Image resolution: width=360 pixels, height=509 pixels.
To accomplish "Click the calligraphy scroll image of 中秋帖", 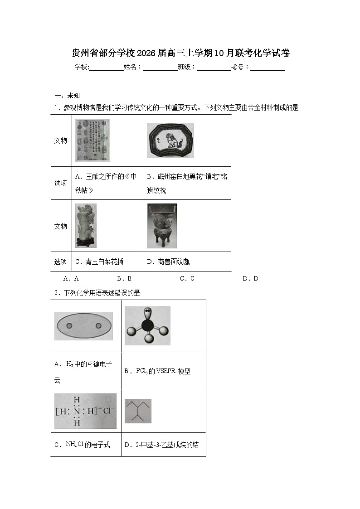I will click(92, 140).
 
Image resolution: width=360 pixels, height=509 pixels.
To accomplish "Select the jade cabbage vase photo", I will click(86, 225).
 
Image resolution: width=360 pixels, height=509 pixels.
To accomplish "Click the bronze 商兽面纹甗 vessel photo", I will click(162, 226).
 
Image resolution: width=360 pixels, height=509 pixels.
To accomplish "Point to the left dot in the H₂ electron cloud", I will click(69, 326).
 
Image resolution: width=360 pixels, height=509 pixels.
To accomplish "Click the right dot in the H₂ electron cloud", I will click(98, 326).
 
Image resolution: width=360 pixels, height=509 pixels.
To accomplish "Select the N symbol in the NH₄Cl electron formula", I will click(77, 411).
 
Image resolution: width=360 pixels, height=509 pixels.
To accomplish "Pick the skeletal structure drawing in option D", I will click(138, 411).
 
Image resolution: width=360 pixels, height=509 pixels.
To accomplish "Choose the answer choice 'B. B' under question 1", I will click(124, 278).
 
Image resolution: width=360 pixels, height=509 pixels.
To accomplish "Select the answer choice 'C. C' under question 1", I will click(187, 278).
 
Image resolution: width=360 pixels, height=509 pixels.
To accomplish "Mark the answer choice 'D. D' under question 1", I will click(250, 278).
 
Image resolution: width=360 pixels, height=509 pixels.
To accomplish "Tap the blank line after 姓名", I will click(160, 67).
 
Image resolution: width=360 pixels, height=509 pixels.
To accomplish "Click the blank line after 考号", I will click(268, 67).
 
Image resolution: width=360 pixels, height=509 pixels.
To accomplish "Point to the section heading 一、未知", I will click(67, 95).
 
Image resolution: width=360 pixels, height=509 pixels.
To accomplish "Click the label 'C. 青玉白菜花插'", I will click(99, 262).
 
